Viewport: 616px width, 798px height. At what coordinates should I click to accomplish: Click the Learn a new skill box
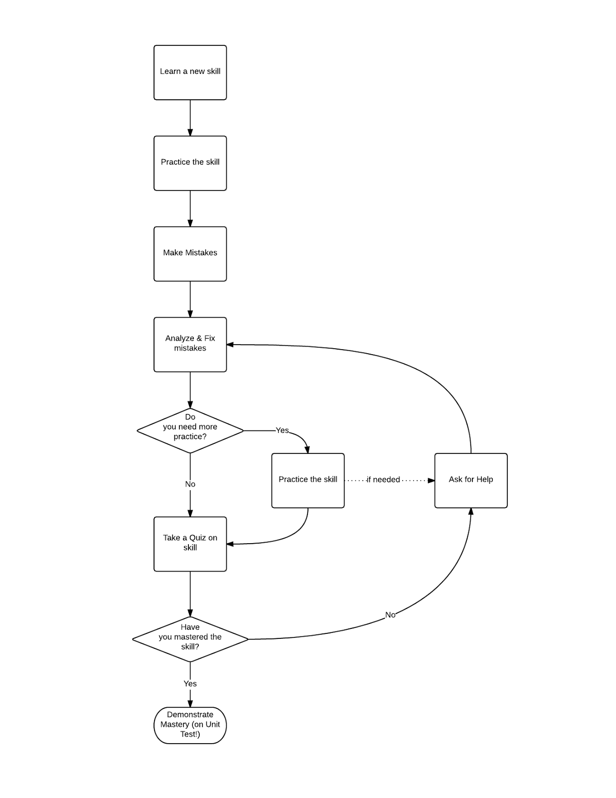(x=190, y=72)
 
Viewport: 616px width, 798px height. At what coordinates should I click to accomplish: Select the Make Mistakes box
(x=190, y=254)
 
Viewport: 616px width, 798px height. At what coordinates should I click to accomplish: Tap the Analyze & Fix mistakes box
(x=190, y=344)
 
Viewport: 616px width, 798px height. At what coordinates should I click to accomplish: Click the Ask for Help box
(x=470, y=480)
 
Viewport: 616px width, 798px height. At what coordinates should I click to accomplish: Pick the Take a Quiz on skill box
(x=190, y=544)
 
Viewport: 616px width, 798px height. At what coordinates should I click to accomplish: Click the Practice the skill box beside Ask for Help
(x=308, y=480)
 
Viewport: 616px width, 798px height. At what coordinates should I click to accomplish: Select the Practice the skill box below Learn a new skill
(x=190, y=163)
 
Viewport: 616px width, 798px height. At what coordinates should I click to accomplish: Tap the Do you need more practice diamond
(x=190, y=430)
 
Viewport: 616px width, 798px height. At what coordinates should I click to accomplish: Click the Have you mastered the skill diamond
(x=190, y=639)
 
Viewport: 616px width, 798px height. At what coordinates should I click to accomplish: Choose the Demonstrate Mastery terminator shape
(x=190, y=725)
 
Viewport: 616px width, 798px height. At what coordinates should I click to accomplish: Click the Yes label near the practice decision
(x=282, y=430)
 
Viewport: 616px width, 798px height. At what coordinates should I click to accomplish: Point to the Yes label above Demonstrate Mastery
(x=190, y=683)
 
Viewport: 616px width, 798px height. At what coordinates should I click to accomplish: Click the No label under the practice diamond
(x=190, y=484)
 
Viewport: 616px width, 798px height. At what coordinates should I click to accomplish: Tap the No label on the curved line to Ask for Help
(x=390, y=614)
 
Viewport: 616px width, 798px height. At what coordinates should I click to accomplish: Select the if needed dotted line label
(x=383, y=479)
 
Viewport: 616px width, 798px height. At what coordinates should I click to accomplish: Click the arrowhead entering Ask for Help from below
(x=470, y=512)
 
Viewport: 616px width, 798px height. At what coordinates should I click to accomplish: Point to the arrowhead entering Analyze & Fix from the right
(x=230, y=345)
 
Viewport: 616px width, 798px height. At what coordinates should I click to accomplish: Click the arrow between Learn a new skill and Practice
(x=190, y=118)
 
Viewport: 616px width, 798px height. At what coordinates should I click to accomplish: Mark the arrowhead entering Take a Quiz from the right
(x=230, y=544)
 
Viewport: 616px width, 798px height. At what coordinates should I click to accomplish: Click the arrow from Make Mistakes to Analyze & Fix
(x=190, y=299)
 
